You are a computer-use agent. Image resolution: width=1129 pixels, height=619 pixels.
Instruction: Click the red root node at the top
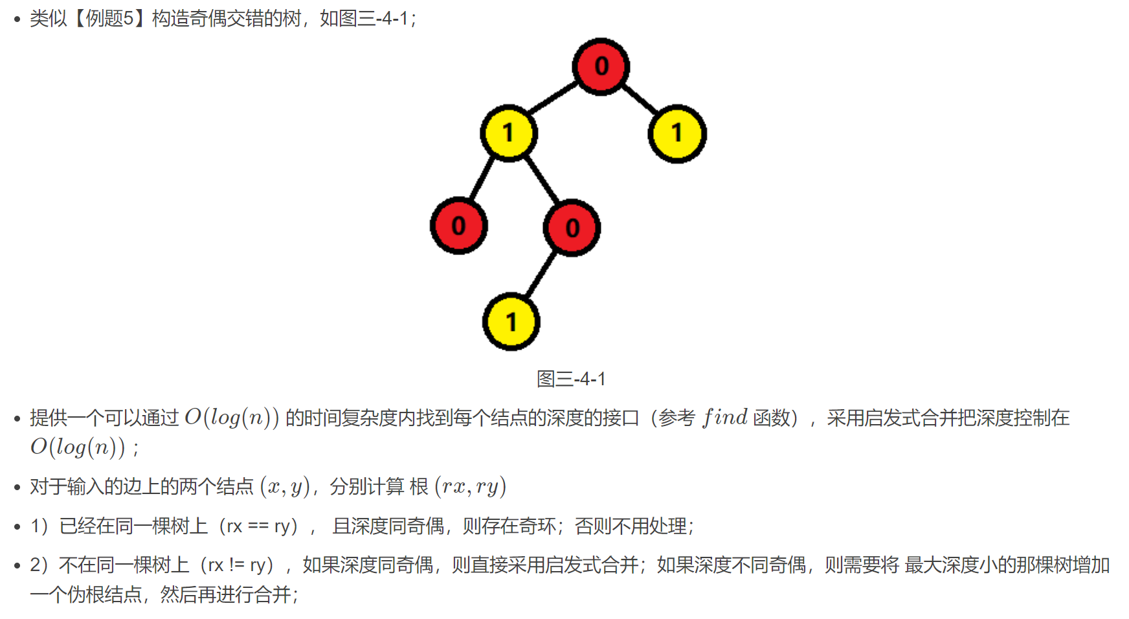[601, 66]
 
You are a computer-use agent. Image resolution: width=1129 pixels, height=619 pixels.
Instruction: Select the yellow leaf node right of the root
[676, 133]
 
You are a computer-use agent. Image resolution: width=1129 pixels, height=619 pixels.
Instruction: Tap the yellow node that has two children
[508, 133]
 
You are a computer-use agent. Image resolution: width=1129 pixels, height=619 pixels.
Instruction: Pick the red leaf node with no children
[458, 225]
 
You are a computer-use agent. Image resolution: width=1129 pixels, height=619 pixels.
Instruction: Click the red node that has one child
[572, 227]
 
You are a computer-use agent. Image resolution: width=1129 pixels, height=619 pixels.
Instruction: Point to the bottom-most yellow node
[511, 321]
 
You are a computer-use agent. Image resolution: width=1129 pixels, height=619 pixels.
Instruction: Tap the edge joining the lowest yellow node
[541, 275]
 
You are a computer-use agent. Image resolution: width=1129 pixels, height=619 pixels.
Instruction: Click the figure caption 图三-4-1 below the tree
[571, 379]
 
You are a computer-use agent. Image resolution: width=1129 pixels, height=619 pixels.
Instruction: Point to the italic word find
[725, 418]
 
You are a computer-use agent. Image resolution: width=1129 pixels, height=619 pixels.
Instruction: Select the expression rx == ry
[258, 526]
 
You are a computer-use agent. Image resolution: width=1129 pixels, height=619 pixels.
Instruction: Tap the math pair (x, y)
[285, 486]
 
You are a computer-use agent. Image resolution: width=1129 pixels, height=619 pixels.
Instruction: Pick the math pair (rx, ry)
[471, 486]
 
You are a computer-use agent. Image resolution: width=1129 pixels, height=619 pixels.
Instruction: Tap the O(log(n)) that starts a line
[77, 447]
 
